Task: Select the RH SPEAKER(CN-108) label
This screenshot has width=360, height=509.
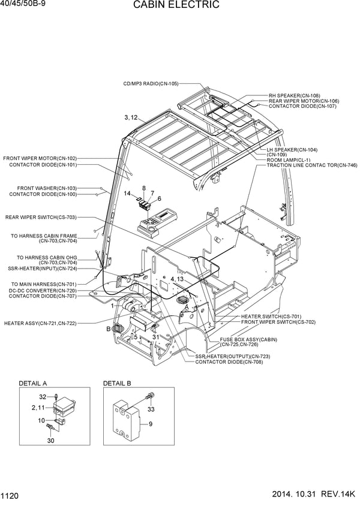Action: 294,95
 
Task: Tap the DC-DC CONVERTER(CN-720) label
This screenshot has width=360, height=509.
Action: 42,290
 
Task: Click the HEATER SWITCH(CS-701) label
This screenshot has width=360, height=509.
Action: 271,316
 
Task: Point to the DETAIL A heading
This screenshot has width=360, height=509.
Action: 33,383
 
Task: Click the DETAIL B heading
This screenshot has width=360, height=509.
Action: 118,383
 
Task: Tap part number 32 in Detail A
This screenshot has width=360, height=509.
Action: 43,396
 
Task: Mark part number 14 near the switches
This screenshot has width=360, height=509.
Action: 127,194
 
